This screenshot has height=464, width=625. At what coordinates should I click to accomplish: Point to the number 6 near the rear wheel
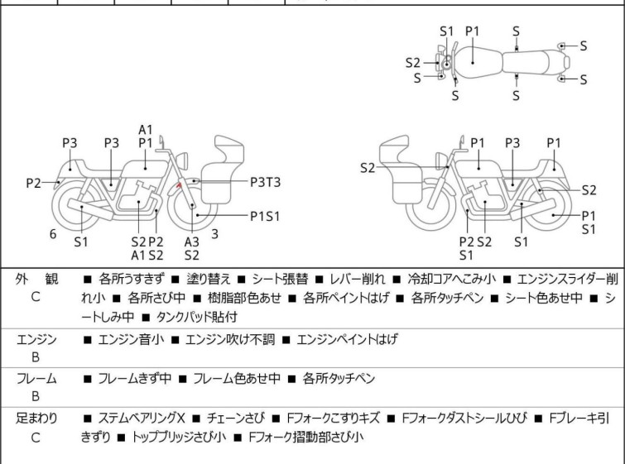(53, 234)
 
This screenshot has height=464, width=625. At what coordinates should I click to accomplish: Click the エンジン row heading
(36, 339)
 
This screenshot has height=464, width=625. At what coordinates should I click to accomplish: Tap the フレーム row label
(36, 379)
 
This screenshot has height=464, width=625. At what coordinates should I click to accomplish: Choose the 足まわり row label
(36, 419)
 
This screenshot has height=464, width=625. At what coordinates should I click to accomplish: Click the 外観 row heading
(36, 279)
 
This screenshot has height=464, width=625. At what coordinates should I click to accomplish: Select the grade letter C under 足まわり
(36, 437)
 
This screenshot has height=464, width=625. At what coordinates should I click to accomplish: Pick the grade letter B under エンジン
(36, 357)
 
